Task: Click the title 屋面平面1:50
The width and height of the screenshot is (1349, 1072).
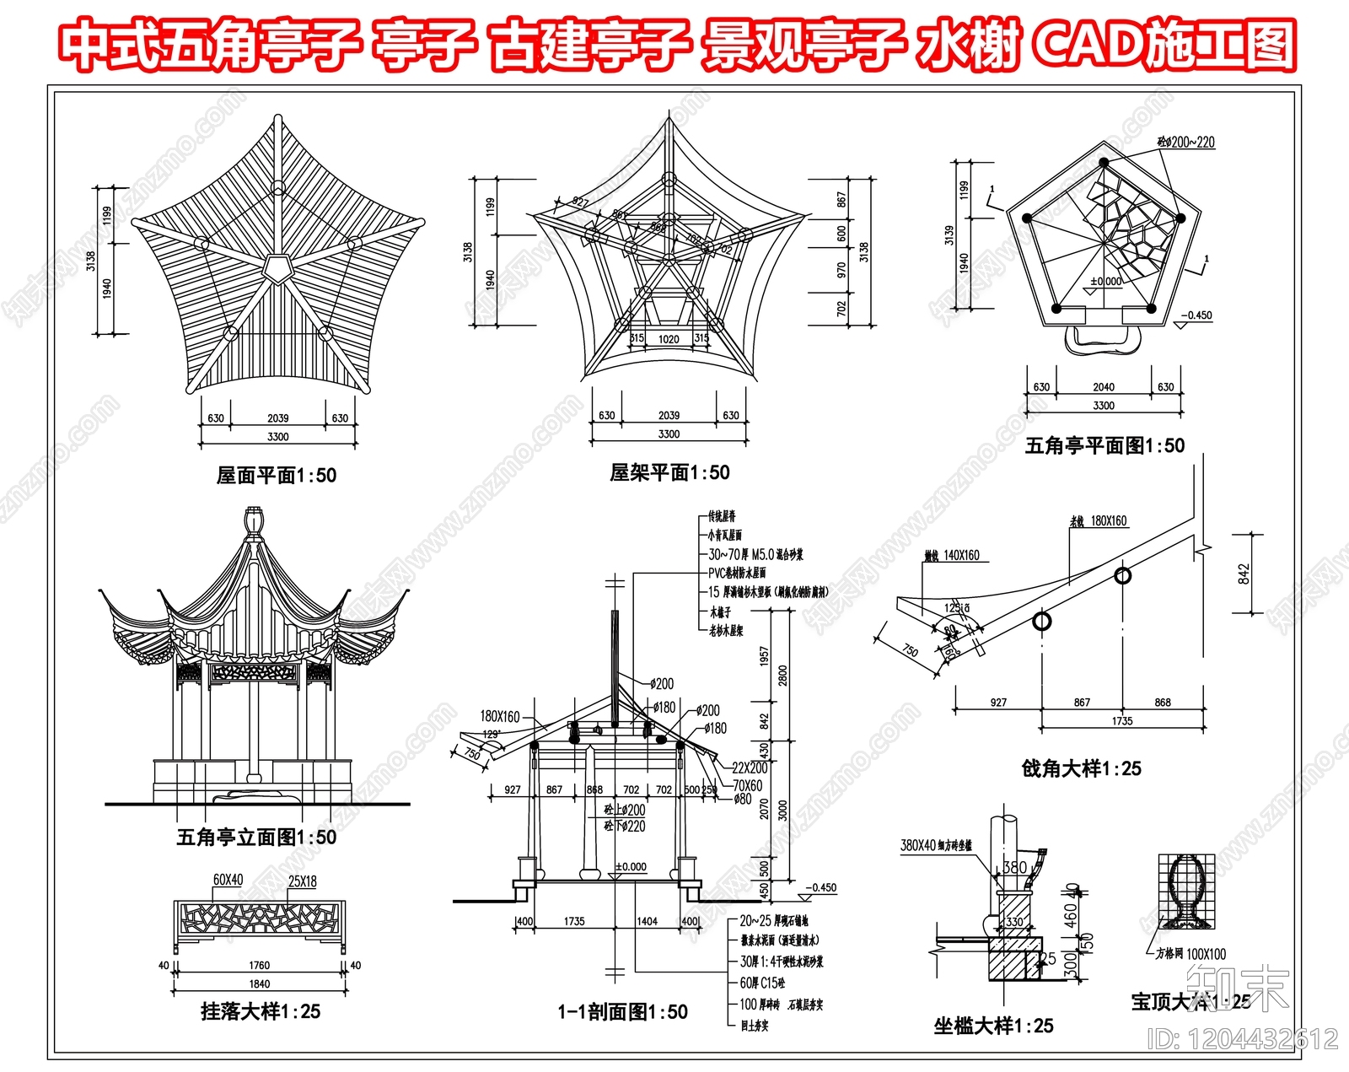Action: (x=276, y=476)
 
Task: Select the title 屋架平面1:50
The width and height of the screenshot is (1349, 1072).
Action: (x=669, y=472)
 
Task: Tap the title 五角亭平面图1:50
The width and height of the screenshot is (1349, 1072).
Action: (x=1104, y=445)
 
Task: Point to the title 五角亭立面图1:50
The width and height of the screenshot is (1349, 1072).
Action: (x=256, y=837)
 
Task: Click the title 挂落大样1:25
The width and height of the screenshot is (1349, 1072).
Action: (x=261, y=1010)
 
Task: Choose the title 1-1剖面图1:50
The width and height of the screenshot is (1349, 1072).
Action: (x=622, y=1011)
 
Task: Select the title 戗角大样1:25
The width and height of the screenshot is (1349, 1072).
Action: (x=1081, y=768)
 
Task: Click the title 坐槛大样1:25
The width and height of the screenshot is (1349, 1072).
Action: (x=993, y=1026)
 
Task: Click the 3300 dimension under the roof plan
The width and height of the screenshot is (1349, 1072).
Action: (x=277, y=436)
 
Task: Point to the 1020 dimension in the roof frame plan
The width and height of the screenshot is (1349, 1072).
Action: (x=669, y=339)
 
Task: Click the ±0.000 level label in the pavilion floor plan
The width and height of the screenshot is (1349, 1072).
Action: (x=1105, y=281)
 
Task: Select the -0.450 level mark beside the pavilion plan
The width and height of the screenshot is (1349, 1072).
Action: (x=1196, y=315)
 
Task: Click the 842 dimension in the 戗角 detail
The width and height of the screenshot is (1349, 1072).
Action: (x=1244, y=574)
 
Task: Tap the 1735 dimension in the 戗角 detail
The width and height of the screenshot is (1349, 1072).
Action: (x=1122, y=721)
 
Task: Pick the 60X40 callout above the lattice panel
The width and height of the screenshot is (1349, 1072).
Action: (x=228, y=880)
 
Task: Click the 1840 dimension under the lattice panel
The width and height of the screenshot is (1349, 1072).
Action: (x=259, y=983)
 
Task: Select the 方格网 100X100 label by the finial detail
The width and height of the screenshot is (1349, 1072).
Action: (x=1196, y=954)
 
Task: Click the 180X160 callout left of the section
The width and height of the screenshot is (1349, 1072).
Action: (x=500, y=716)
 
